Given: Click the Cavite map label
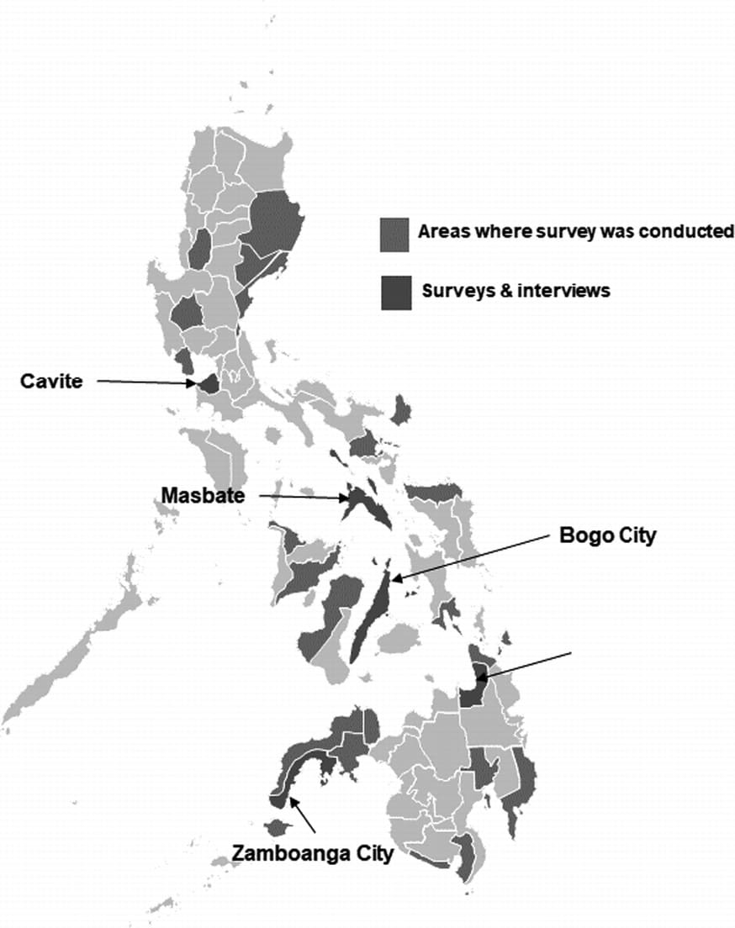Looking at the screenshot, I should pyautogui.click(x=51, y=382).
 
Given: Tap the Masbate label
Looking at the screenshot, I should pyautogui.click(x=204, y=496).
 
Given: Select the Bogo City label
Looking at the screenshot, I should pyautogui.click(x=606, y=535).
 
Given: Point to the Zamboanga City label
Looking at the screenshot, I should pyautogui.click(x=313, y=854).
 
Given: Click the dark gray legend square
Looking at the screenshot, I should pyautogui.click(x=395, y=292).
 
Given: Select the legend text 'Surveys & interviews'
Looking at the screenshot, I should pyautogui.click(x=516, y=291).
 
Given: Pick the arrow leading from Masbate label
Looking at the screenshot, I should pyautogui.click(x=302, y=498).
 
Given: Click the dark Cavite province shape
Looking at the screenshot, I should pyautogui.click(x=209, y=384).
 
